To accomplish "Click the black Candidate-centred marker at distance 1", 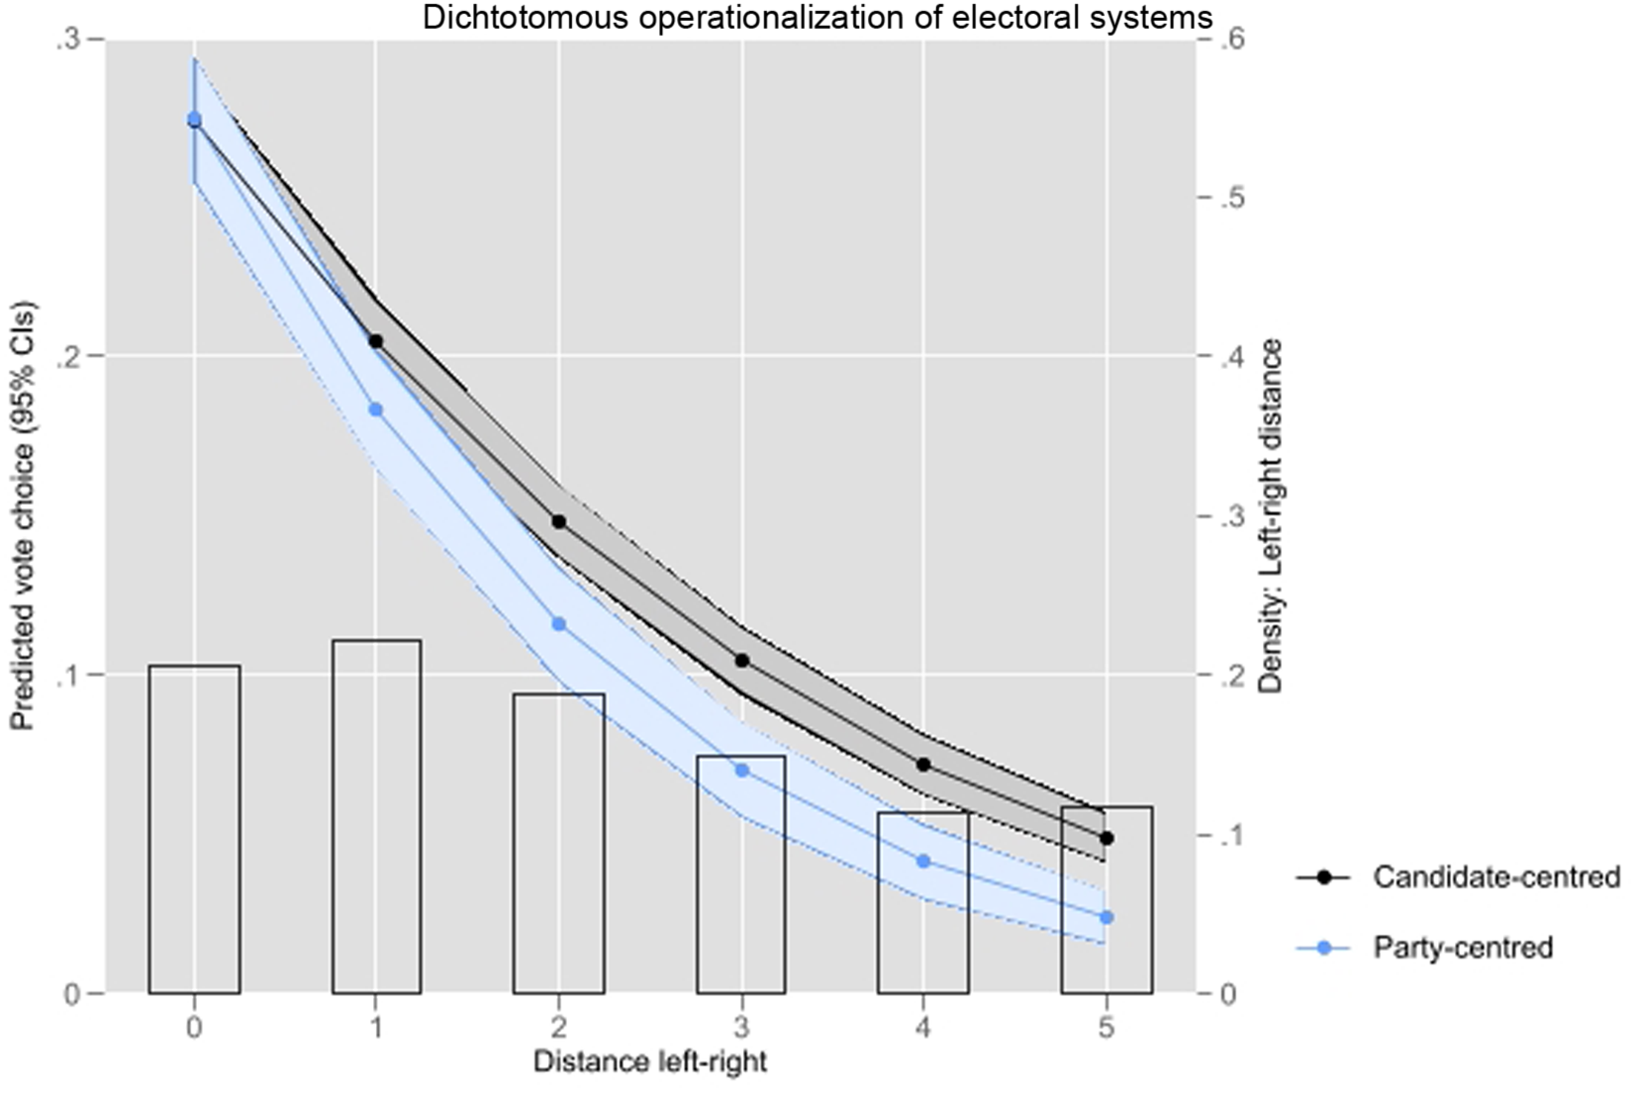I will pos(375,341).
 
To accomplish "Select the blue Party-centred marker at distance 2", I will pos(558,624).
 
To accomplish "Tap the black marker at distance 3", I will pos(741,661).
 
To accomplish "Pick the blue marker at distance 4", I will pos(923,862).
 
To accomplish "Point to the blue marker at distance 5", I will pos(1107,918).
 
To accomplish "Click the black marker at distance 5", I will pos(1107,839).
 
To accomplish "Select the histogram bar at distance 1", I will pos(376,816).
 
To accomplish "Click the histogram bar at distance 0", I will pos(194,829).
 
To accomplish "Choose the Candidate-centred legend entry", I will pos(1495,877).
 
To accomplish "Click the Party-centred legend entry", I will pos(1462,948).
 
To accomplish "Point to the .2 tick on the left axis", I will pos(68,357).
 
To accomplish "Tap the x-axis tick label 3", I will pos(741,1029).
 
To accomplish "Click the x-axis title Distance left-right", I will pos(649,1063).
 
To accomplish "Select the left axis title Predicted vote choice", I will pos(23,514).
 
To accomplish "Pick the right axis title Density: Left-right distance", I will pos(1271,514).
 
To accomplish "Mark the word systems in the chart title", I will pos(1157,17).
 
